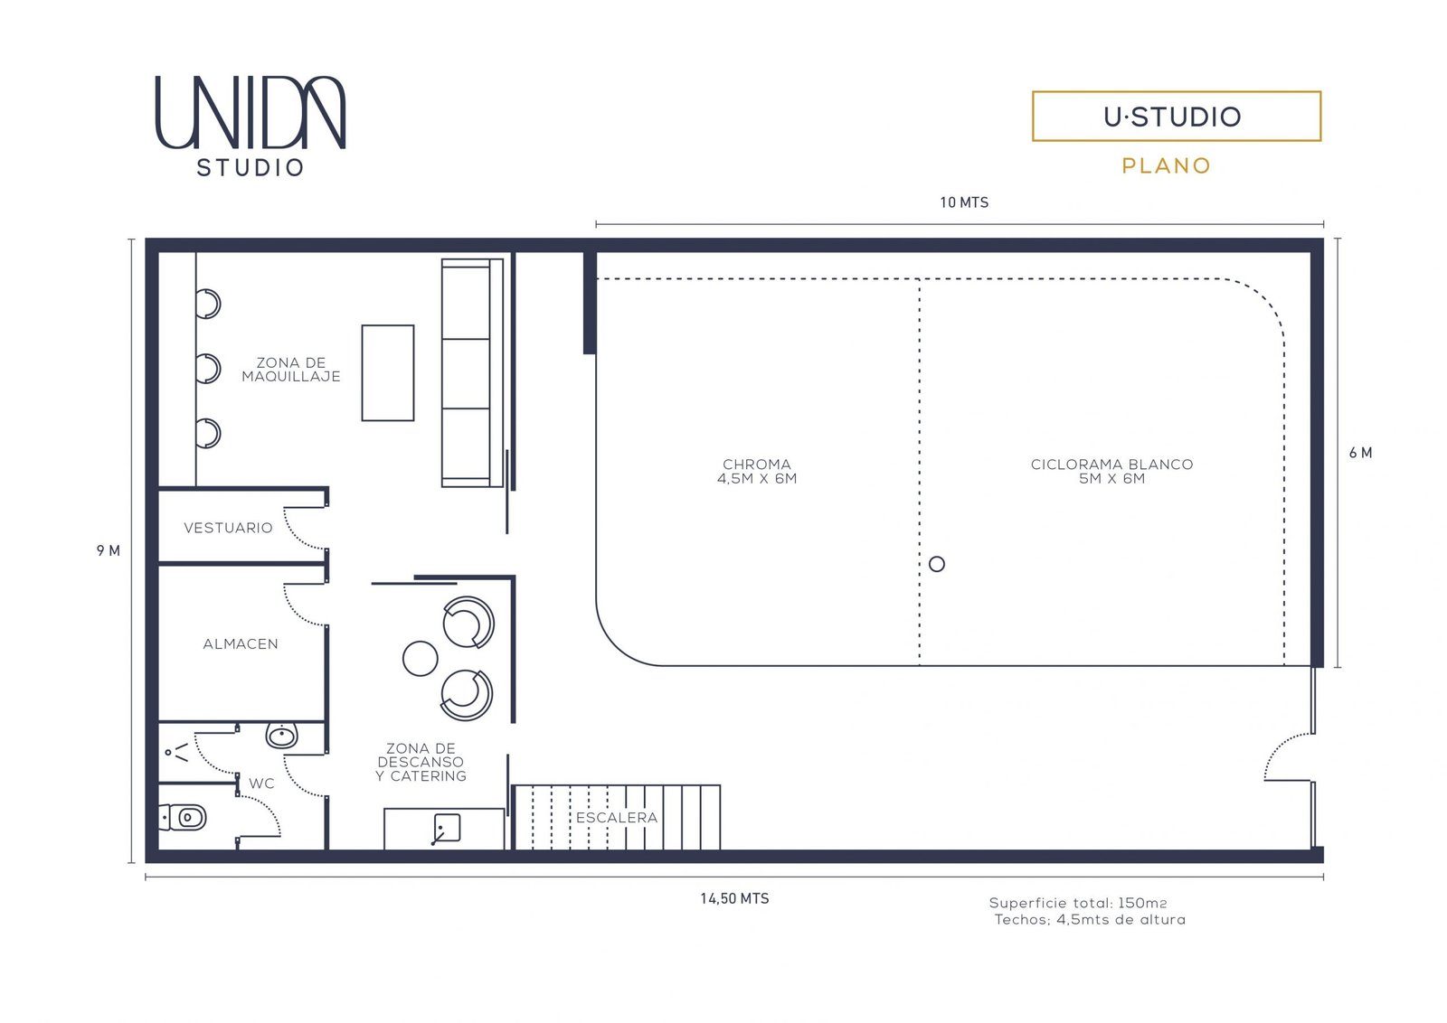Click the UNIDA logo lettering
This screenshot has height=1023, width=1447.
251,113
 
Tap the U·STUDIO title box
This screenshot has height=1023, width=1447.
1177,117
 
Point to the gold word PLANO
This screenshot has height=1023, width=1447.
1166,166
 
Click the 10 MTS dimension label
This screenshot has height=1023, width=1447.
964,202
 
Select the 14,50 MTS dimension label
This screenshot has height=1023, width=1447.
734,898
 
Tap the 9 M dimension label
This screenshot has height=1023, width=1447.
109,550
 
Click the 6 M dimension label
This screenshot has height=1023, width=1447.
1360,453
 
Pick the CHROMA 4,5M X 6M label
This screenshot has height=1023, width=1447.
756,471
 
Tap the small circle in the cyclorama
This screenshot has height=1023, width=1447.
937,564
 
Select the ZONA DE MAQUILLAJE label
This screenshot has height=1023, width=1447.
290,370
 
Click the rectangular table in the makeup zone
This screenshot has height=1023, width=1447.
388,373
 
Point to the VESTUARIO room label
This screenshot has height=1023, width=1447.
228,528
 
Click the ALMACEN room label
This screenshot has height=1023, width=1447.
241,644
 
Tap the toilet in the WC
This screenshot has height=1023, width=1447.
182,818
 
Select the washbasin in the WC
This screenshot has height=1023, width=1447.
281,735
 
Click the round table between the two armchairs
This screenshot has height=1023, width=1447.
420,658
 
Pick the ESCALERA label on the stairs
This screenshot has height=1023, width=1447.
616,818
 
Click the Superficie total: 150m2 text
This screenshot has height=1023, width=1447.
1077,903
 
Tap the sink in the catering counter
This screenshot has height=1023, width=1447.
447,828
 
